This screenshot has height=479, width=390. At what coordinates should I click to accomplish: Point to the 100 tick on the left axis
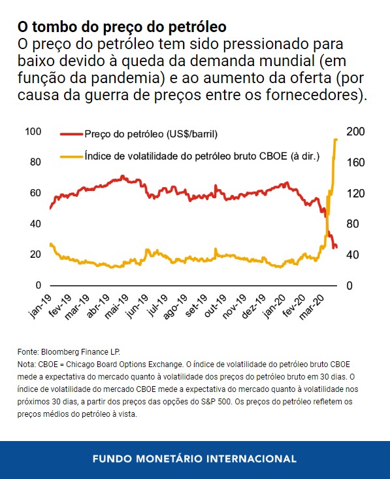click(33, 132)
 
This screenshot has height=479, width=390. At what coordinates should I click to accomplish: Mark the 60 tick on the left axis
click(36, 193)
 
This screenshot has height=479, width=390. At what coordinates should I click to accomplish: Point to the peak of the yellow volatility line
click(336, 139)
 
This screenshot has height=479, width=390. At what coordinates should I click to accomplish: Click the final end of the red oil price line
click(336, 247)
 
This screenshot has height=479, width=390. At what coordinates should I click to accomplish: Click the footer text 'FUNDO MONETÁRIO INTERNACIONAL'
click(195, 459)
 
